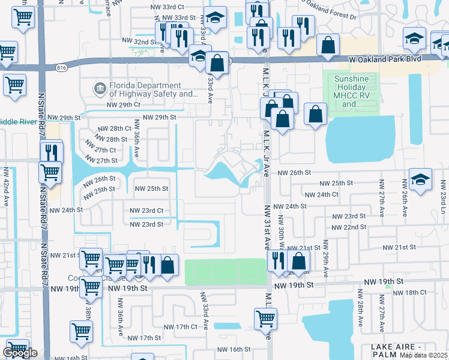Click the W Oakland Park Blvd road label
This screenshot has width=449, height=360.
point(386,59)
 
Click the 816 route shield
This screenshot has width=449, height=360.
point(60,68)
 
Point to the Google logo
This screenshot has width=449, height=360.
point(20,353)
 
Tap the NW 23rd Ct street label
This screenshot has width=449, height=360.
point(146,211)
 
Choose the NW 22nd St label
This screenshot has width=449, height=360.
point(351,227)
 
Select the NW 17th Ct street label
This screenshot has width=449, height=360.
point(181,327)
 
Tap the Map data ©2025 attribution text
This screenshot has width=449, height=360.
point(423,355)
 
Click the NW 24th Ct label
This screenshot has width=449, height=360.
point(322,194)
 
